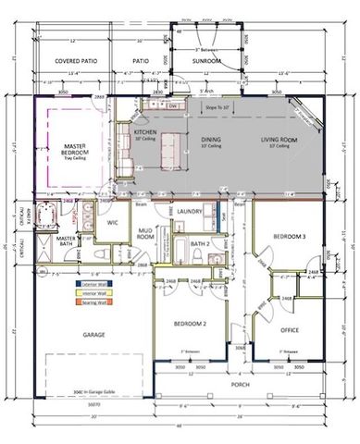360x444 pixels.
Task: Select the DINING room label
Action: click(x=211, y=141)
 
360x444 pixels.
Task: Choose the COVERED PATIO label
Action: click(x=76, y=61)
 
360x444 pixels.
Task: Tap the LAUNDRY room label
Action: click(x=190, y=212)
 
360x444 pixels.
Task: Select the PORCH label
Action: click(x=240, y=383)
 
